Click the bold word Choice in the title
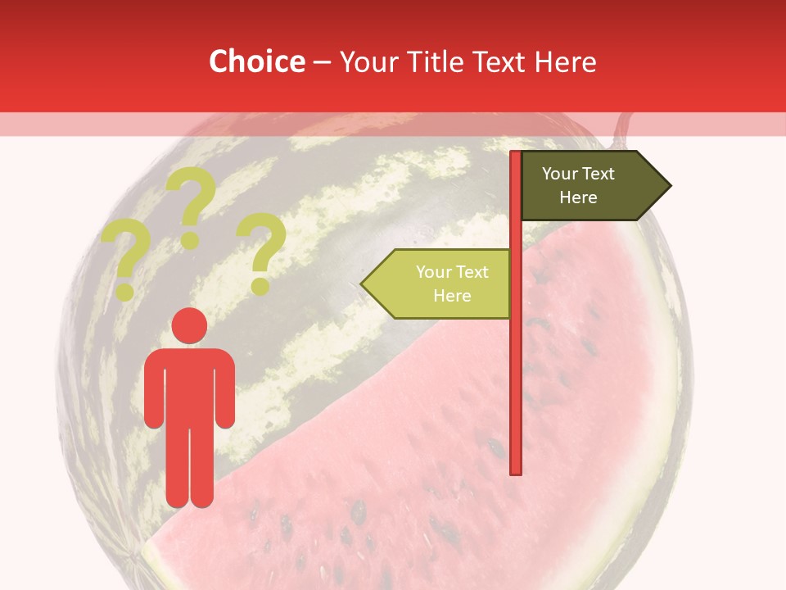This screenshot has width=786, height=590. tap(256, 61)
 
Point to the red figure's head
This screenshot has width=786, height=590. tap(189, 325)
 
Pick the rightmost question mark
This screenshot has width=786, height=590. tap(261, 250)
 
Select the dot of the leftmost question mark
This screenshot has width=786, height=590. tap(125, 291)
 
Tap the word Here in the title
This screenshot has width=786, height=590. tap(565, 61)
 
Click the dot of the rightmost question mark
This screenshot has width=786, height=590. tap(260, 286)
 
